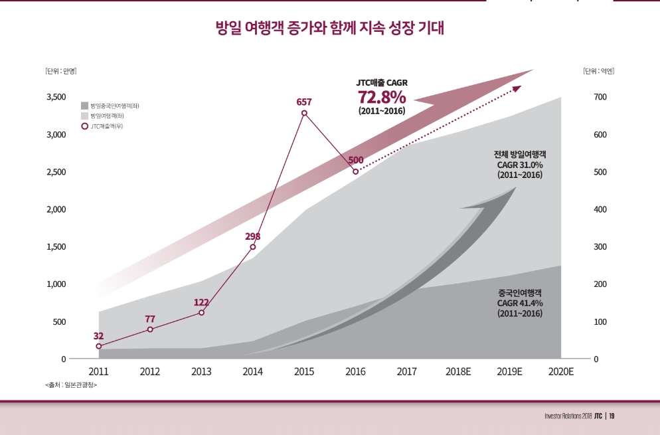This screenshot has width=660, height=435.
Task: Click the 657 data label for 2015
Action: (304, 102)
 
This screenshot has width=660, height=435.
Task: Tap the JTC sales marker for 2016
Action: (355, 171)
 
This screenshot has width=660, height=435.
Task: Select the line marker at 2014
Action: (253, 247)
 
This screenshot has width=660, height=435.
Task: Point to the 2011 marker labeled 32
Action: (99, 346)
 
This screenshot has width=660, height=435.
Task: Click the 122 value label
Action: (201, 303)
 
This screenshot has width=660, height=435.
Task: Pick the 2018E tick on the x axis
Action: (458, 372)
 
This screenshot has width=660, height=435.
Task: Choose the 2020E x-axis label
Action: (561, 372)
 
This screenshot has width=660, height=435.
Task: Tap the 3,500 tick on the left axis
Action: (56, 97)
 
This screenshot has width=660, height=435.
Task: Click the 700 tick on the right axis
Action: (600, 97)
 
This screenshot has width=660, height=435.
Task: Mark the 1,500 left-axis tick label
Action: (56, 247)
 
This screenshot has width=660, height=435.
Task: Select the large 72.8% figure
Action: (382, 97)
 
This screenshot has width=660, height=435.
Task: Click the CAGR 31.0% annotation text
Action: (520, 165)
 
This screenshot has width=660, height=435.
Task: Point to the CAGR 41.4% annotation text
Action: (520, 303)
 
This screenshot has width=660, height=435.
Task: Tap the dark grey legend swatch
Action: (84, 106)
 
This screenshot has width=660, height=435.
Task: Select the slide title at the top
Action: (330, 29)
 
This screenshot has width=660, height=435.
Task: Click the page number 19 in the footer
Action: (612, 416)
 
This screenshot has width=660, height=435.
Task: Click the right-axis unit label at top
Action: (598, 71)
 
